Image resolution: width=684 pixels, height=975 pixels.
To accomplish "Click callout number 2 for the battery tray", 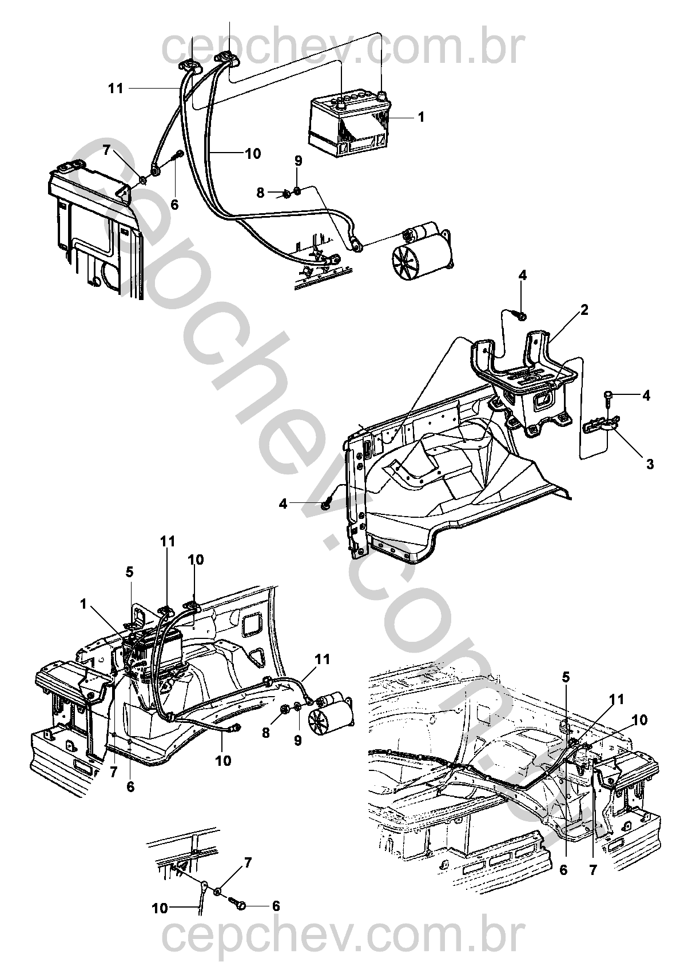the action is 584,310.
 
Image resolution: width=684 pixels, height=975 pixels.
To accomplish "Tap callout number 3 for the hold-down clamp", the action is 650,464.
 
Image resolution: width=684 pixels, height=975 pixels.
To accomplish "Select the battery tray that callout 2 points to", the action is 526,382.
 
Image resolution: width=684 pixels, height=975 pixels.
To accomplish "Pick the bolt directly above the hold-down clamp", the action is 608,398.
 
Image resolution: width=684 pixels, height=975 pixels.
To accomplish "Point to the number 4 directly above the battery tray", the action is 523,275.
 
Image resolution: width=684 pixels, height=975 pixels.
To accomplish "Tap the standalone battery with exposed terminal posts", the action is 350,127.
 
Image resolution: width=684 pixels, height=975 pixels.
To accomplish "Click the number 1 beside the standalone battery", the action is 421,118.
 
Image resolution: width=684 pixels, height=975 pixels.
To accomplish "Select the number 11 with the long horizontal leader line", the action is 116,89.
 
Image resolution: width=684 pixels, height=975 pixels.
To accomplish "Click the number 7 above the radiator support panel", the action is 107,151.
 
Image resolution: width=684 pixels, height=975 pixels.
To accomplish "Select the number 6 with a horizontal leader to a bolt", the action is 276,906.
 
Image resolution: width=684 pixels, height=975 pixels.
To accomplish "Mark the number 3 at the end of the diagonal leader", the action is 650,464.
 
